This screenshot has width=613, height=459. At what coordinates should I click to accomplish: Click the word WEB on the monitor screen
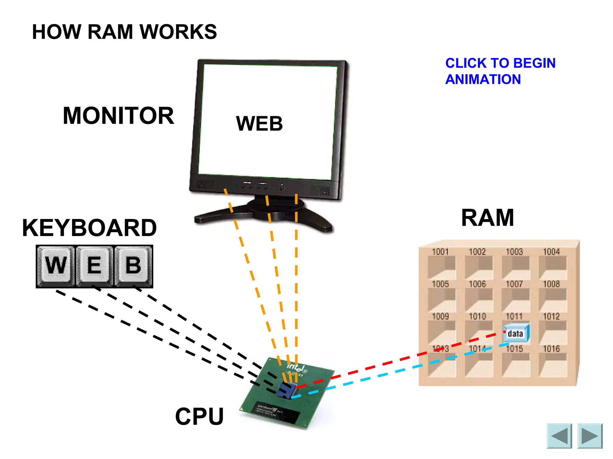click(259, 124)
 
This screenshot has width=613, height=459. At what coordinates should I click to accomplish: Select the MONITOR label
click(118, 116)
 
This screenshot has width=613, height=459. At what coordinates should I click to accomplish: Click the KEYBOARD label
click(89, 228)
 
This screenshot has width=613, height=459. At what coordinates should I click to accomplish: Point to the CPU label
click(199, 416)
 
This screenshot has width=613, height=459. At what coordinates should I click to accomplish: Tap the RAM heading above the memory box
click(487, 218)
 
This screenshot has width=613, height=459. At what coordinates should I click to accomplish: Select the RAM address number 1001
click(440, 252)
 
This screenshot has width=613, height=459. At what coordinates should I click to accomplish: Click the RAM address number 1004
click(551, 252)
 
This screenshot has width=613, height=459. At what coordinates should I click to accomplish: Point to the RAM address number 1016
click(551, 349)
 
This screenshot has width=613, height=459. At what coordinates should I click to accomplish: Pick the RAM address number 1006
click(477, 284)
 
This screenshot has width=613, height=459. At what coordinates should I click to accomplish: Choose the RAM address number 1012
click(551, 316)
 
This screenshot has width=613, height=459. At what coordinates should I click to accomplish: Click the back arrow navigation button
click(559, 436)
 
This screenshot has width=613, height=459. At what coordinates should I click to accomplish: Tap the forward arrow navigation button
click(590, 436)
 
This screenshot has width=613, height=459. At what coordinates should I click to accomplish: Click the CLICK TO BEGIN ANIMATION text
click(500, 71)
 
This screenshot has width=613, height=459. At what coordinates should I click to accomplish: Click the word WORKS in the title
click(178, 32)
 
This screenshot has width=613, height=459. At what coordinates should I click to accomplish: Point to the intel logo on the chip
click(296, 367)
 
